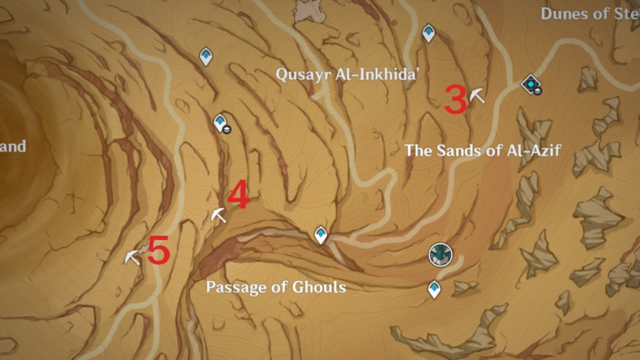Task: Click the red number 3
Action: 455,101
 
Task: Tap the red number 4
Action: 238,195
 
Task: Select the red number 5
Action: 159,251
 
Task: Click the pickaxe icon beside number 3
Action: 477,95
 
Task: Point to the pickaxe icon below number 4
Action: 219,215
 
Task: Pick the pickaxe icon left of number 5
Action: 132,257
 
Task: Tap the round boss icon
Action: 440,255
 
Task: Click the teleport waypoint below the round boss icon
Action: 434,289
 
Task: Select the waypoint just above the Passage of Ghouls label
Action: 321,235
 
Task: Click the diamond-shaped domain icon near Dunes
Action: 531,84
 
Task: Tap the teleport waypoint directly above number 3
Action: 428,33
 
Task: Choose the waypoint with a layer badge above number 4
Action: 220,123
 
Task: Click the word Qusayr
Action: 302,74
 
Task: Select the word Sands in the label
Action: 458,150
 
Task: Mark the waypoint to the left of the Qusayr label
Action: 206,56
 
